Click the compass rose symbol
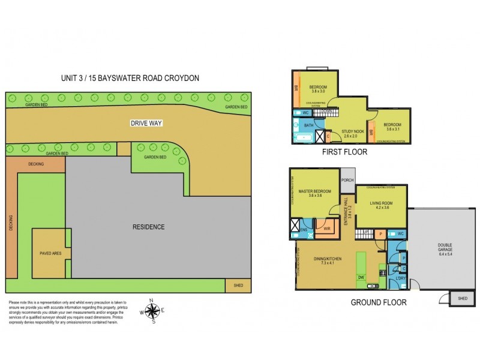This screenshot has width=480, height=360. pos(153,311)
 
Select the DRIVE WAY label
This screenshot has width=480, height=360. pos(147,123)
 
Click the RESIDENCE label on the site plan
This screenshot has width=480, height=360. pos(148,227)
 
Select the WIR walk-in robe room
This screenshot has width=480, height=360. pos(327,228)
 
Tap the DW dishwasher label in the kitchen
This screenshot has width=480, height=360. pos(360,277)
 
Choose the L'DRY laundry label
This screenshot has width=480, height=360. pos(398,278)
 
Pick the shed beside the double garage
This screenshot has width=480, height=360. pos(462,298)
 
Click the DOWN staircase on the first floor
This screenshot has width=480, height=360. pos(328,112)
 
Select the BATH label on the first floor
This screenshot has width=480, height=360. pos(308,125)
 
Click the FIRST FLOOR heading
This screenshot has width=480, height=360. pos(346,152)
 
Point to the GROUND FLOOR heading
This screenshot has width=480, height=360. pos(378,302)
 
